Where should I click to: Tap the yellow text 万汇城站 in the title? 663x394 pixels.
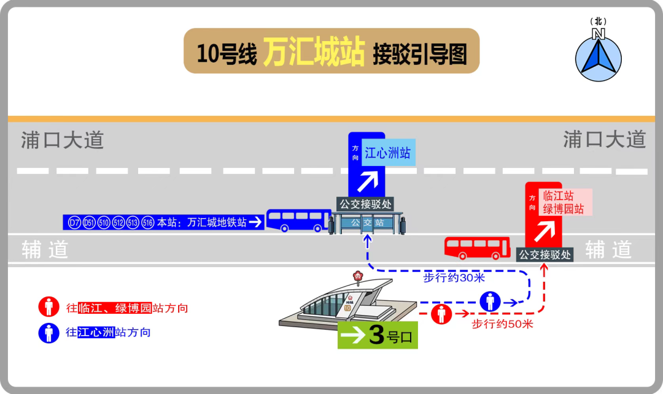(x=314, y=51)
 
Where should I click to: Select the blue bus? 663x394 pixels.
(x=298, y=220)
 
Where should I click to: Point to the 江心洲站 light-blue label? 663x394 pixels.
(x=388, y=153)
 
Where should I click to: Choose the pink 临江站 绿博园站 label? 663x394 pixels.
(x=565, y=202)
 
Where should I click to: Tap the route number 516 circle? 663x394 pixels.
(x=147, y=222)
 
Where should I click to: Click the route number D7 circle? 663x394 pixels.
(x=74, y=222)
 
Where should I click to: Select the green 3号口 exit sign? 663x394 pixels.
(x=378, y=335)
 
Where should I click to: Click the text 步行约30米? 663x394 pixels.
(x=454, y=278)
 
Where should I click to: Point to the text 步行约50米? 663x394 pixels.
(x=502, y=324)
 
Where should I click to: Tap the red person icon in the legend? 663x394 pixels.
(x=48, y=306)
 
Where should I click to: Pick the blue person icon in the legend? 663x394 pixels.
(x=48, y=333)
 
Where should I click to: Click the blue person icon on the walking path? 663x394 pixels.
(x=490, y=301)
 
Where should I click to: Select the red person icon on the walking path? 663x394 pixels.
(x=441, y=314)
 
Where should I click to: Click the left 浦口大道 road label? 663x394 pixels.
(x=63, y=140)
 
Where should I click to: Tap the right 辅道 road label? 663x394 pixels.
(x=609, y=250)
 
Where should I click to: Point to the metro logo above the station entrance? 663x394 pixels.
(x=358, y=276)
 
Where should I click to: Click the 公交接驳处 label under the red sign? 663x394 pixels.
(x=545, y=255)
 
